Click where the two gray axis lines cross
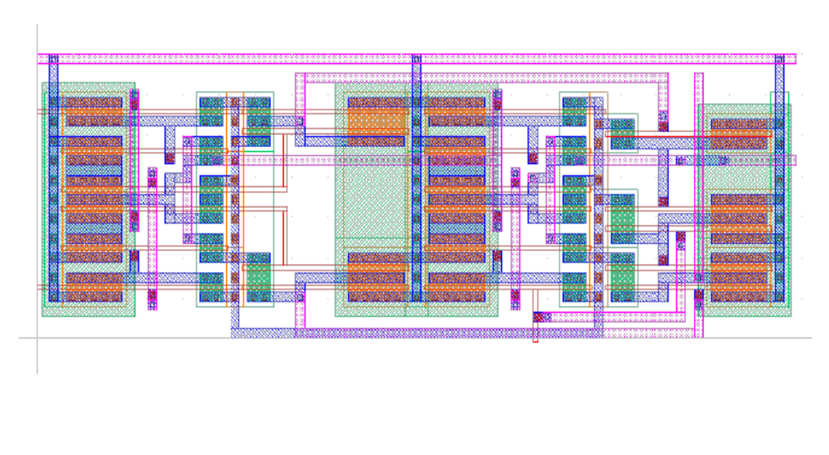pos(37,337)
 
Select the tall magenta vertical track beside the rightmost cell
pos(699,200)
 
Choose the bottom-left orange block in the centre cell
pos(377,279)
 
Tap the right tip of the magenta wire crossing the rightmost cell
pos(793,160)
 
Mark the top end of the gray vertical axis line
pos(37,26)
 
